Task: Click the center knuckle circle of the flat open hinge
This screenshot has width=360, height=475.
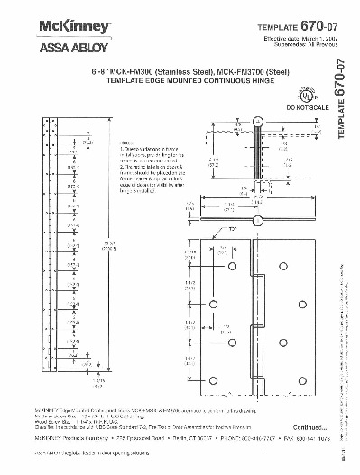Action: (x=258, y=221)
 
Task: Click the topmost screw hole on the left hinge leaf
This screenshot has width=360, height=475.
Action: (x=231, y=269)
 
